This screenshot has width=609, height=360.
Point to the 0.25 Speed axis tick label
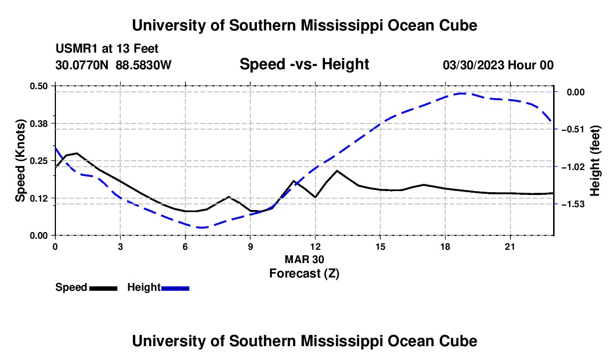tap(39, 161)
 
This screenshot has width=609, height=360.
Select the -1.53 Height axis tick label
tap(573, 204)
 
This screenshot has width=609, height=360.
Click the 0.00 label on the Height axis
tap(576, 92)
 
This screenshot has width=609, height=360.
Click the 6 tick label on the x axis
tap(185, 246)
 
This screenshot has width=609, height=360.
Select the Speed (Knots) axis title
tap(20, 161)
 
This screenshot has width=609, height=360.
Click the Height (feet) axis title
tap(595, 161)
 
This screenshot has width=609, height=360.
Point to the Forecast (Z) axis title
tap(304, 274)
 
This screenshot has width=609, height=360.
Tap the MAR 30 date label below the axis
tap(304, 259)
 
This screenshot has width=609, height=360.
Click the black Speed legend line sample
tap(104, 288)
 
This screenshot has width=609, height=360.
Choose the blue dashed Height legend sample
tap(175, 288)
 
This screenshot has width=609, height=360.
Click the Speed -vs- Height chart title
tap(304, 64)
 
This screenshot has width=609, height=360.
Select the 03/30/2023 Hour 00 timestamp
tap(498, 65)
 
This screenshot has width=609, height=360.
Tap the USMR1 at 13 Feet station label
tap(107, 49)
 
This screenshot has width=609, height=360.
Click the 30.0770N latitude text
tap(82, 65)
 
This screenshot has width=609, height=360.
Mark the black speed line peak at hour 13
tap(337, 171)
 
